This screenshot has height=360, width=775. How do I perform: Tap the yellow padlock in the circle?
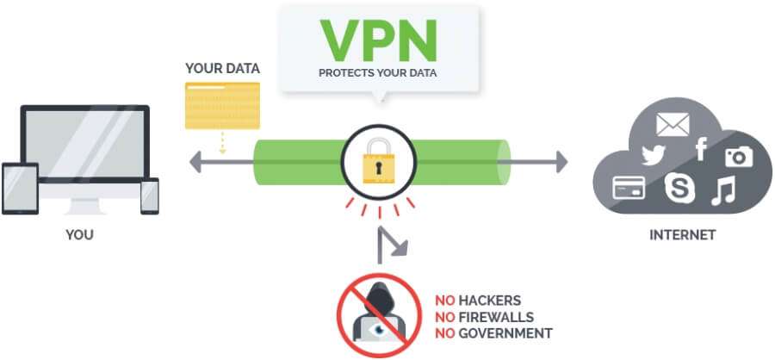(x=378, y=164)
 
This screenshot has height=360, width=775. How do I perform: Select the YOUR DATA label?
(x=222, y=67)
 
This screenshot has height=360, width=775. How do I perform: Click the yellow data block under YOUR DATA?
(x=222, y=105)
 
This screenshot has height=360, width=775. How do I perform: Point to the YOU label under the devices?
(x=79, y=234)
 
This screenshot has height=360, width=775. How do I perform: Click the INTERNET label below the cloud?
(x=684, y=234)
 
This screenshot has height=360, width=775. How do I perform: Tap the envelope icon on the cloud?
(x=673, y=126)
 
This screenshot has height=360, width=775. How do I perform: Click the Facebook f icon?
(x=700, y=151)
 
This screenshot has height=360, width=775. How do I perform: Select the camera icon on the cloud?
(x=738, y=156)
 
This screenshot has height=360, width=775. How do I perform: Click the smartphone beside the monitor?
(x=150, y=196)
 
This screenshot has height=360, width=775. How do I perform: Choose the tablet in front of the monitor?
(x=21, y=190)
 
